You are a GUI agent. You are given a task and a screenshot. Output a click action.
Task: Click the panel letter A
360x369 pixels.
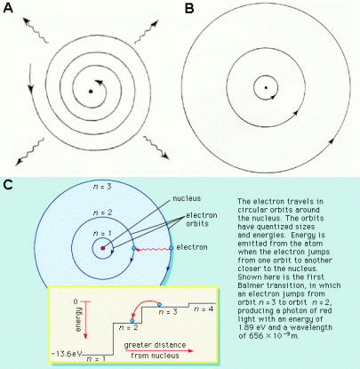click(x=8, y=8)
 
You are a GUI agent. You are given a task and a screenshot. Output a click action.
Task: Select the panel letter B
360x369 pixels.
click(x=189, y=8)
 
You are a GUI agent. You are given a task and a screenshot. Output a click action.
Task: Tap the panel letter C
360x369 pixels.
click(x=8, y=185)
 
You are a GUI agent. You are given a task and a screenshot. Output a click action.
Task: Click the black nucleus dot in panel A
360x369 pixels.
click(x=91, y=92)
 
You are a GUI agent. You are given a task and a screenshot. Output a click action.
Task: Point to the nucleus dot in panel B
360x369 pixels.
click(x=266, y=87)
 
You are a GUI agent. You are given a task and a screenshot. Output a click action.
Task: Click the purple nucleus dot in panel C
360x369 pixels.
click(x=103, y=248)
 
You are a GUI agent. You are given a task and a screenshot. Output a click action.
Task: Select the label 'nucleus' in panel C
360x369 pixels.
click(x=187, y=198)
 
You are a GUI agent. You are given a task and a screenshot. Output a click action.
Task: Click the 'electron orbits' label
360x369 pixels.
click(x=202, y=220)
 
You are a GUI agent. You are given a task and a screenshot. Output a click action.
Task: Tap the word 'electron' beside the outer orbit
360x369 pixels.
click(x=192, y=247)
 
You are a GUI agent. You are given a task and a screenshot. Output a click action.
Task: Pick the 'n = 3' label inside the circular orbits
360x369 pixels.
click(x=102, y=187)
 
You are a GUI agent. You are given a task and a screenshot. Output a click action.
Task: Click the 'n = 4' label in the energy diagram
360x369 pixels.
click(x=204, y=309)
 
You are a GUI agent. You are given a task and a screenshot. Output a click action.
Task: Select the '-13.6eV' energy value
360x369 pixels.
click(x=67, y=354)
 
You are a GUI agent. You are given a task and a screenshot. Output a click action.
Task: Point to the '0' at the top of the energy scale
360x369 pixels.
click(x=76, y=301)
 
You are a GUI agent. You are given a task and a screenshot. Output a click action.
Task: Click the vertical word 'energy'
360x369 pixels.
click(x=78, y=319)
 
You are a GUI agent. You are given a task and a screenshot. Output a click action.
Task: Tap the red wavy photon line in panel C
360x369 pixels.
click(x=152, y=250)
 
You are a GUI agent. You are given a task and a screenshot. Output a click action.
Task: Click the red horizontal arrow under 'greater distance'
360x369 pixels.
click(x=159, y=351)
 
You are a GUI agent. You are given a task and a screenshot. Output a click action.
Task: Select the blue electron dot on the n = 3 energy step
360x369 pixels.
click(x=159, y=304)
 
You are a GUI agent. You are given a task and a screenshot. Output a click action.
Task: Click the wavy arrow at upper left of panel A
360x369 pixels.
click(x=36, y=30)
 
